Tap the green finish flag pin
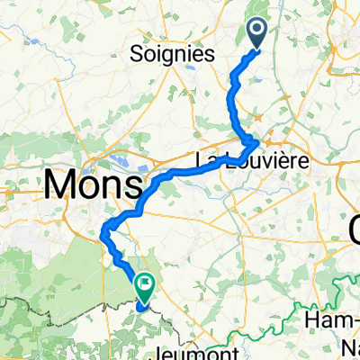tap(144, 285)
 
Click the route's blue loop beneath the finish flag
tap(141, 304)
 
